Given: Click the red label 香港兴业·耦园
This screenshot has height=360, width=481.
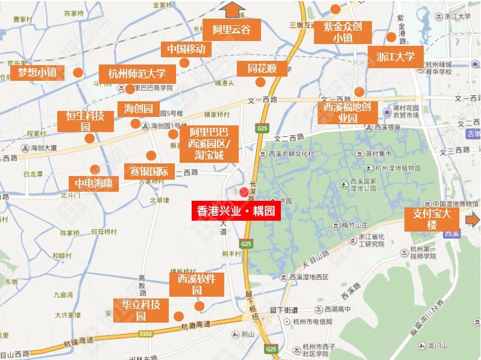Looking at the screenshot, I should [x=236, y=212].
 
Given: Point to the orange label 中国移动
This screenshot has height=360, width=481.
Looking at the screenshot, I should [x=186, y=49].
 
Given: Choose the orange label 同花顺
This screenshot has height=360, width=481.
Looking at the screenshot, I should [x=262, y=69].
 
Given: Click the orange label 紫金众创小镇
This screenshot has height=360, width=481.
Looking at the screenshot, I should [x=342, y=32].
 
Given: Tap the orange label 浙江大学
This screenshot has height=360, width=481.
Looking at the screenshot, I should [x=395, y=57].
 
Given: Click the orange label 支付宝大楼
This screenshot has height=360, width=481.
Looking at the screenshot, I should [x=432, y=219].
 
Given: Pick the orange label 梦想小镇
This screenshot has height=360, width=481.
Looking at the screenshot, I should [x=37, y=73].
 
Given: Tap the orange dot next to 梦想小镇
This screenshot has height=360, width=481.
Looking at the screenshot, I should [x=78, y=73].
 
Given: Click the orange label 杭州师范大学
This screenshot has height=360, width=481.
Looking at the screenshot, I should [x=141, y=74].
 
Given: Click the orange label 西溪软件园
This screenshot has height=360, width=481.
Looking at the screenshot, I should [x=196, y=284].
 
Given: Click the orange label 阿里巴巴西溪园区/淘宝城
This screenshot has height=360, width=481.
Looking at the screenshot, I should [x=209, y=144].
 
